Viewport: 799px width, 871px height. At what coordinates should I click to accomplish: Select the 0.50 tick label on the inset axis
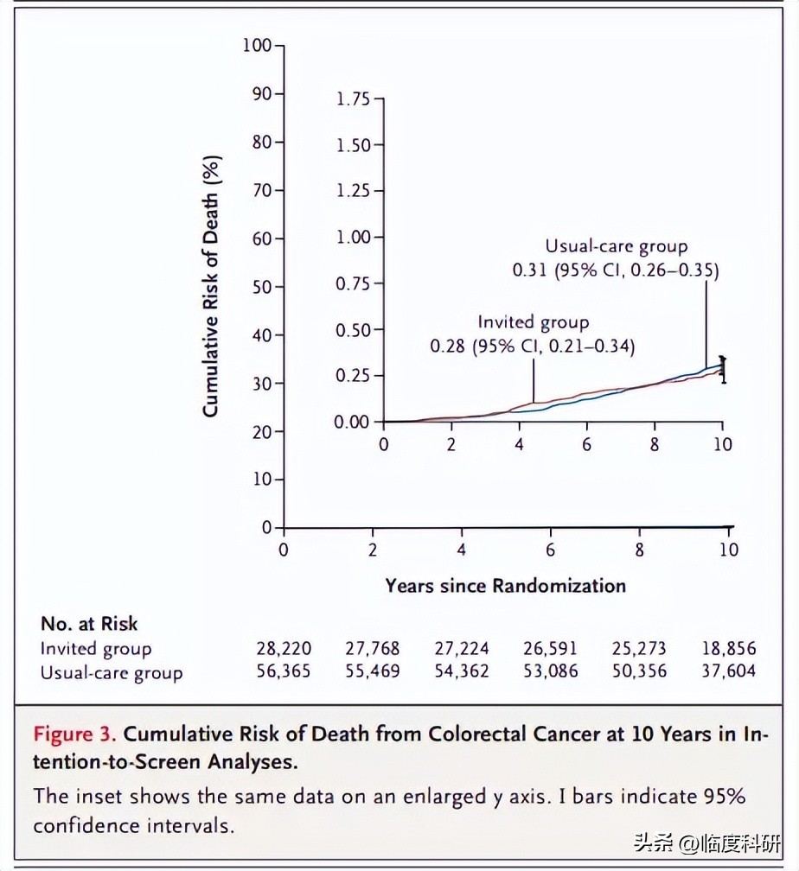(x=353, y=330)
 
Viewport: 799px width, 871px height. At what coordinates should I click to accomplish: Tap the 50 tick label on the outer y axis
(x=261, y=287)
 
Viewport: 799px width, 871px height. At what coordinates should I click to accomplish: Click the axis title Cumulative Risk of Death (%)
(x=211, y=287)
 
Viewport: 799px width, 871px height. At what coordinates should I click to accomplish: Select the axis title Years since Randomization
(x=505, y=586)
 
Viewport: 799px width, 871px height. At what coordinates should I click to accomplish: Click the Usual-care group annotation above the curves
(x=616, y=247)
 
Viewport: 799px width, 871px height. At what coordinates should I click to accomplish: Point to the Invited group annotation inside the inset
(x=533, y=323)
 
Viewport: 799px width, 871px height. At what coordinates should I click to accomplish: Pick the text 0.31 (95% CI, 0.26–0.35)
(x=616, y=270)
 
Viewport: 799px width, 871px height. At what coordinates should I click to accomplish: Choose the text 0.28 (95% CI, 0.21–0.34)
(x=533, y=346)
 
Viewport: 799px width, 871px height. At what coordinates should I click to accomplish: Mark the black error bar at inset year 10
(x=723, y=369)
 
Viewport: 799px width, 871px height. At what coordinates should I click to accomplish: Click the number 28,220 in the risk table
(x=284, y=649)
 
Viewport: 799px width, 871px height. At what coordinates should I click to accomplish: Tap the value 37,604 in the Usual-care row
(x=728, y=671)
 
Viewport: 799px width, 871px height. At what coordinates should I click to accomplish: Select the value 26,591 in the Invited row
(x=550, y=649)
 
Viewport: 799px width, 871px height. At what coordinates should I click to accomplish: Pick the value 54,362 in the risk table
(x=462, y=671)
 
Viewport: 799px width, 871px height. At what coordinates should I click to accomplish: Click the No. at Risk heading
(x=89, y=624)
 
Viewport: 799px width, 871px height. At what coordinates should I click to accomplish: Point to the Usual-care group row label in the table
(x=112, y=672)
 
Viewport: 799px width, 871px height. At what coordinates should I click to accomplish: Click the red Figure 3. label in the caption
(x=75, y=734)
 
